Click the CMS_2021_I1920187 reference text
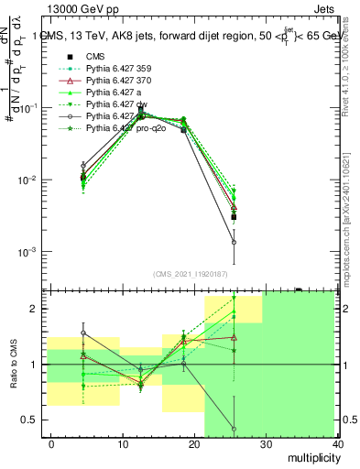coord(191,275)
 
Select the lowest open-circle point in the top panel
coord(235,243)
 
